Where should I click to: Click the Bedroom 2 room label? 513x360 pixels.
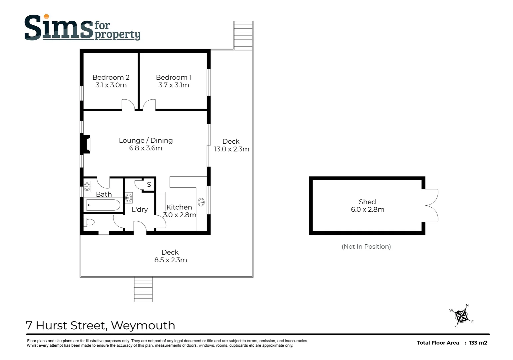coord(111,77)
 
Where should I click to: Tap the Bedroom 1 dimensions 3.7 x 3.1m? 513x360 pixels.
coord(174,85)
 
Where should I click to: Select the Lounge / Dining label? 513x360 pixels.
coord(146,140)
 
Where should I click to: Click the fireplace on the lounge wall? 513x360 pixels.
coord(85,144)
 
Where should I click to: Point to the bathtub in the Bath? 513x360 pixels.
coord(103,205)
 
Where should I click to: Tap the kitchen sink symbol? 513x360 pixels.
coord(201,202)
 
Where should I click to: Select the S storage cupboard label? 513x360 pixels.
coord(149,184)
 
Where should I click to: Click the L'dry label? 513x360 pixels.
coord(140,210)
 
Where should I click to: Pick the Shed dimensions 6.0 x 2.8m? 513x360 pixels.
coord(367,210)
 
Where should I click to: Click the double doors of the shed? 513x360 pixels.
coord(432,205)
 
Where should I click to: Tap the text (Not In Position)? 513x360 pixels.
coord(366,247)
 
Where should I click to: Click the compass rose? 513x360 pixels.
coord(462,316)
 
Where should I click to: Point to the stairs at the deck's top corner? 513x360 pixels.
coord(243,35)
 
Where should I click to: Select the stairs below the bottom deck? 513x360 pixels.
coord(143,289)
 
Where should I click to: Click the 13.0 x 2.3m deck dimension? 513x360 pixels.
coord(232,149)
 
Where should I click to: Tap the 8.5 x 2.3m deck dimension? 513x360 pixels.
coord(171,260)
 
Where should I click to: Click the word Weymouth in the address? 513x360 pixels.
coord(143,325)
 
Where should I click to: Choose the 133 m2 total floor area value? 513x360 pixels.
coord(478,343)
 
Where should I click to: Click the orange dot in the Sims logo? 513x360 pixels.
coord(46,16)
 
